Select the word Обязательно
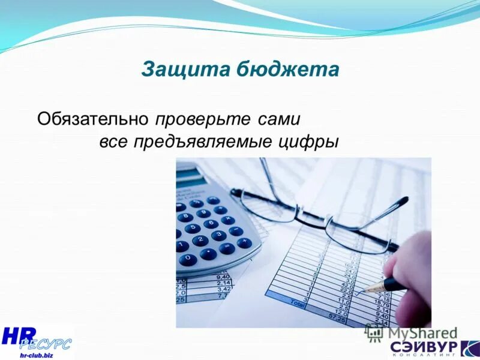click(92, 118)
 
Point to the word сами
click(278, 118)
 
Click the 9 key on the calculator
click(203, 213)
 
